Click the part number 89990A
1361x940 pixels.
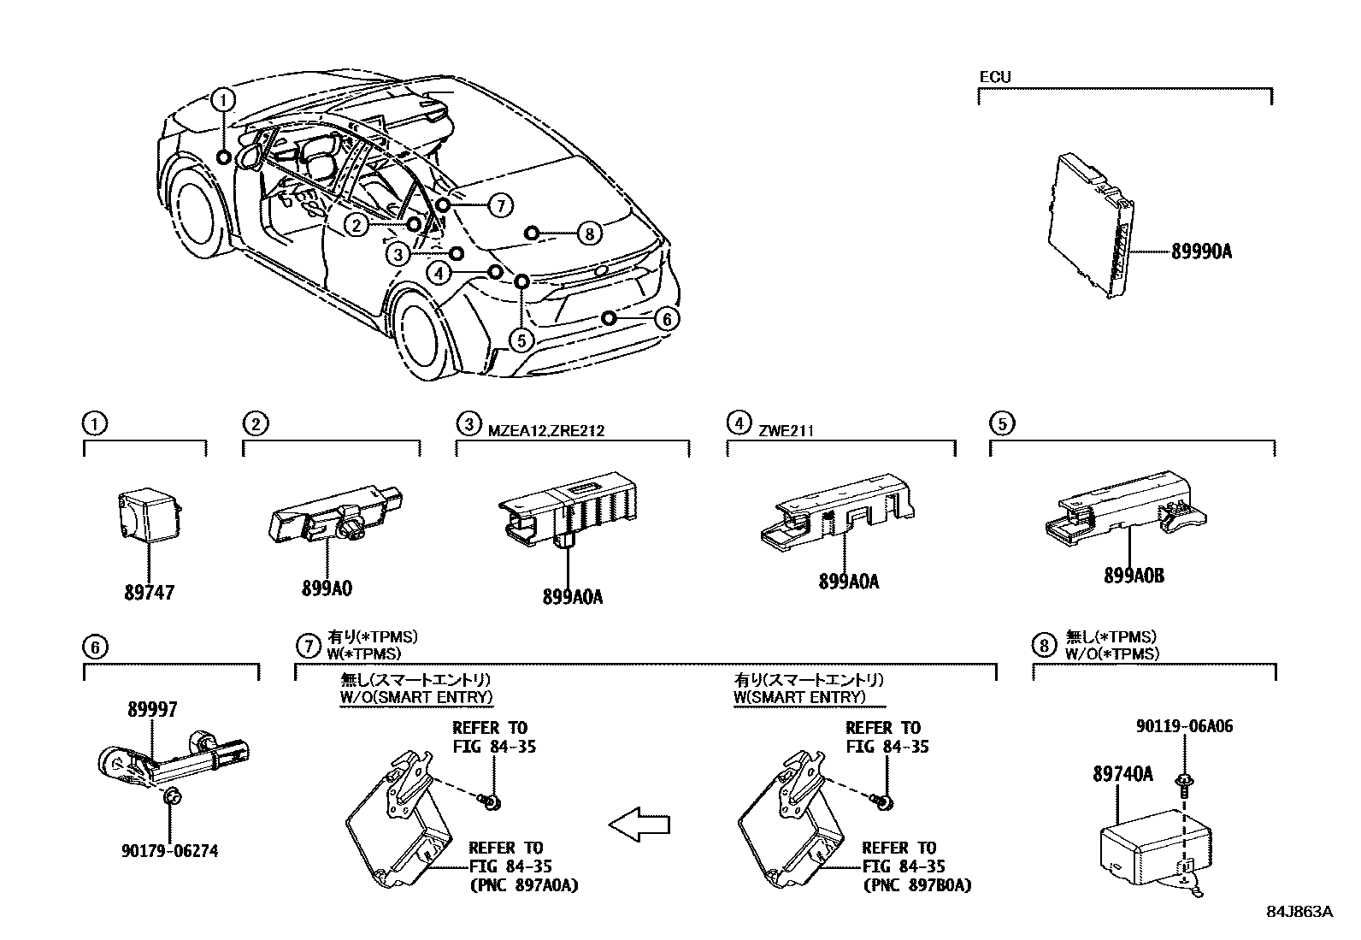pos(1201,252)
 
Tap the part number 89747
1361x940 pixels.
pos(149,592)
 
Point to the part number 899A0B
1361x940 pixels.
pos(1134,576)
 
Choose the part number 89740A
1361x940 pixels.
pos(1122,775)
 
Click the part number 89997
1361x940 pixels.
pos(153,709)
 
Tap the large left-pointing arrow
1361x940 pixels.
pos(639,825)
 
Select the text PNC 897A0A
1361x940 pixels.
pos(524,885)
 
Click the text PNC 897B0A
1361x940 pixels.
pos(916,885)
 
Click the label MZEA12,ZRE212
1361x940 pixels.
pos(546,430)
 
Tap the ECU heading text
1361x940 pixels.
pos(995,77)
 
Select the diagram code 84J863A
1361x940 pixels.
pos(1299,912)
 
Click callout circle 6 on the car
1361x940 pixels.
pos(667,319)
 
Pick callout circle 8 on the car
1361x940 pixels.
pos(589,233)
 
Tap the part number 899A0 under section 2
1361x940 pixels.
pos(327,588)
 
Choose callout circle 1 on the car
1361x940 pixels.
pos(223,101)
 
